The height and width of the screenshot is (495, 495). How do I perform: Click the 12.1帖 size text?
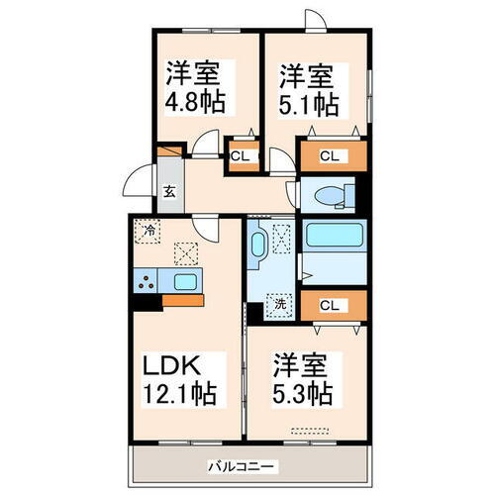[180, 392]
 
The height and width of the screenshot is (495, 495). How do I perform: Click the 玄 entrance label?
[169, 194]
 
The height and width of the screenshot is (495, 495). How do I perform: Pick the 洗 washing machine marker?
[280, 305]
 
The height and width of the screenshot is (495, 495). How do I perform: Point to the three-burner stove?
[146, 282]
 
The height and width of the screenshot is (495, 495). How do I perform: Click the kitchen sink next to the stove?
[184, 282]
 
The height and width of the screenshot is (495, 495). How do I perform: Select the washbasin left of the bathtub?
[258, 244]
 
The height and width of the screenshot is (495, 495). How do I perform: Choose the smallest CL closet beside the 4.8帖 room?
[240, 154]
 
